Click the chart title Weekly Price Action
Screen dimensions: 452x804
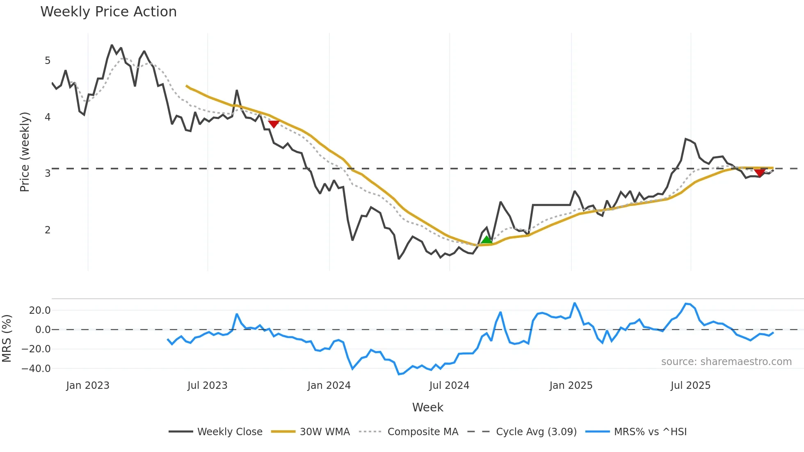click(x=108, y=12)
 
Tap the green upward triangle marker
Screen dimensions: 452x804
click(x=487, y=240)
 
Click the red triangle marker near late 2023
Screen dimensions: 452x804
click(x=274, y=124)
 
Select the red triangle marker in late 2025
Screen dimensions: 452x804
click(x=760, y=172)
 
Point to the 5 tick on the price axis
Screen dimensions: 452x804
click(x=48, y=61)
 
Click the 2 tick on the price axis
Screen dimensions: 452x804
click(x=48, y=230)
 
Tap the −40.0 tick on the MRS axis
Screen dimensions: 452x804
click(x=37, y=368)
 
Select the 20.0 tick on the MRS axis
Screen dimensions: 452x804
click(x=40, y=310)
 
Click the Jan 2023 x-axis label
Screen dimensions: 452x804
click(x=88, y=386)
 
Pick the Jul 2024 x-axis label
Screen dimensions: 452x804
click(x=449, y=386)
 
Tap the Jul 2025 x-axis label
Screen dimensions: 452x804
click(x=690, y=386)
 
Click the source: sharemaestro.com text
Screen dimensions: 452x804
click(x=726, y=362)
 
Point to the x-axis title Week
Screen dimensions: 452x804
click(x=427, y=407)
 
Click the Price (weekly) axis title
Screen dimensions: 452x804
click(x=25, y=152)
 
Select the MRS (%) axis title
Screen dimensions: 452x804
click(x=7, y=338)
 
